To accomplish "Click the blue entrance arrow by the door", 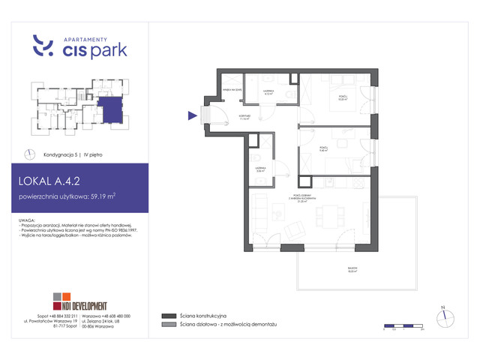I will [x=192, y=115].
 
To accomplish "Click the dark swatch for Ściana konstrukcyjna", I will [x=166, y=316].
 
